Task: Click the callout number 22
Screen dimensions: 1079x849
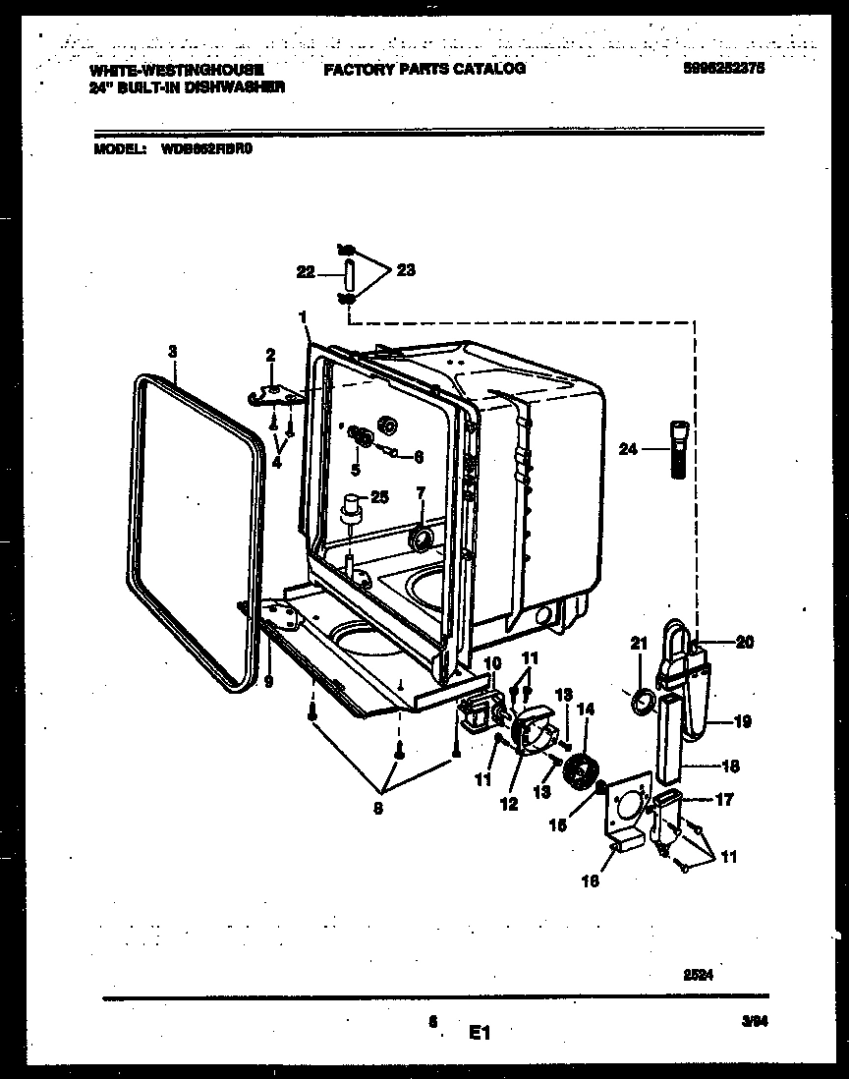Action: point(306,272)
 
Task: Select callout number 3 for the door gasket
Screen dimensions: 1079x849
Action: point(172,350)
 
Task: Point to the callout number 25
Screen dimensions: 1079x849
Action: point(378,497)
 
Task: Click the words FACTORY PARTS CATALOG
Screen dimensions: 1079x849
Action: point(424,70)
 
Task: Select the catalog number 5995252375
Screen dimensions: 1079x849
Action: point(721,70)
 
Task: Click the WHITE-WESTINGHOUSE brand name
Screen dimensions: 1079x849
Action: point(175,70)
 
